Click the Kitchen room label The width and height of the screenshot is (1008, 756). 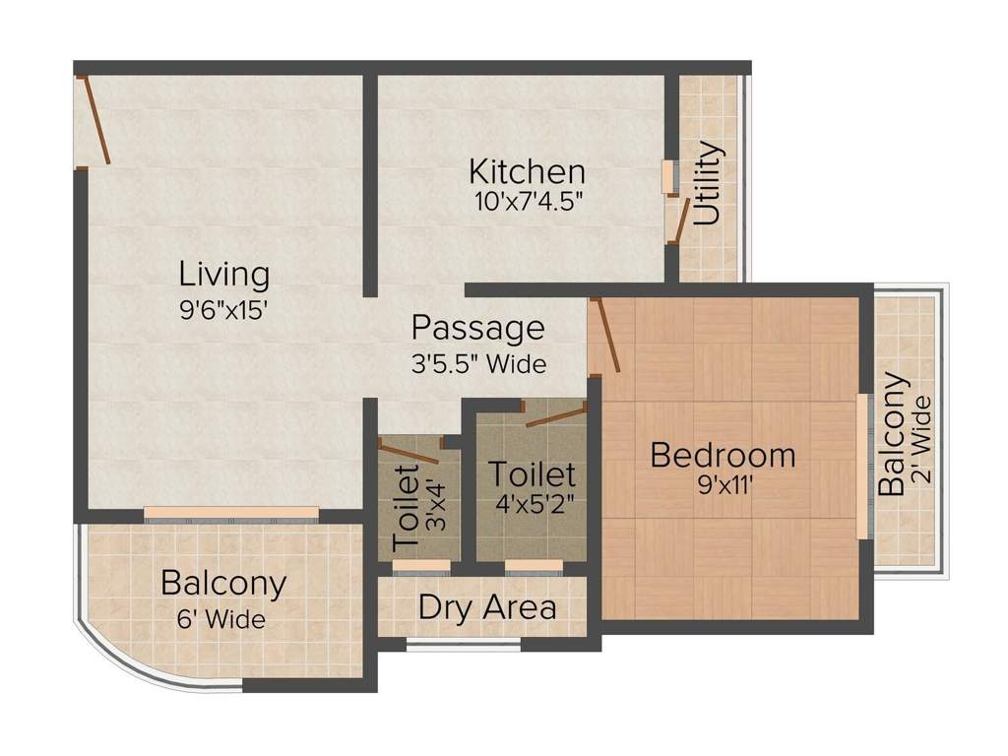tap(527, 171)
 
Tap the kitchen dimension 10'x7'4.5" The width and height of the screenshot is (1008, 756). tap(527, 202)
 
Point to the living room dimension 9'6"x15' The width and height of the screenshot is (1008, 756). tap(223, 307)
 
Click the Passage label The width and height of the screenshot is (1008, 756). tap(477, 327)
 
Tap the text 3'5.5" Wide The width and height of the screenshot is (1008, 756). tap(477, 363)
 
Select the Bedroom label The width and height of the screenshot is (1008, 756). tap(723, 455)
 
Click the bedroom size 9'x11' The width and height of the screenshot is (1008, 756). tap(723, 486)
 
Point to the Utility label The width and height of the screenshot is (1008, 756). tap(709, 184)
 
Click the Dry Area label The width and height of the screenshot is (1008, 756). tap(486, 607)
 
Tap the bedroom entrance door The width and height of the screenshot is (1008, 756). tap(605, 336)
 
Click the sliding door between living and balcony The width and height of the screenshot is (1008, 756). tap(231, 513)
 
